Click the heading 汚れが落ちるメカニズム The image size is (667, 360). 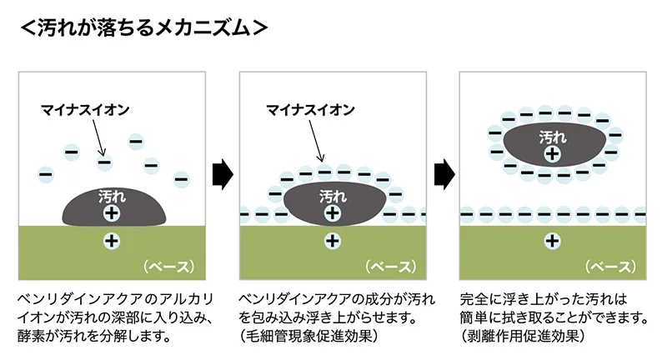143,28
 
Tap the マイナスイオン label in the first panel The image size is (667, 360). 85,110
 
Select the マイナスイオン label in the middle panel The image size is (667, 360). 310,110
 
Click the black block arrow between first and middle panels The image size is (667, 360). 223,174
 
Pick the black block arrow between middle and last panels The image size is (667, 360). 444,174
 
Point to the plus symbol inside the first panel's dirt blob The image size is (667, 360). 112,212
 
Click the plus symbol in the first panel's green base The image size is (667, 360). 112,242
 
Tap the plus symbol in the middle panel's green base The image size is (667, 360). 333,242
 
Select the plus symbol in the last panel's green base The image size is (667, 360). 553,242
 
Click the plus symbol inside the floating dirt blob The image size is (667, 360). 553,153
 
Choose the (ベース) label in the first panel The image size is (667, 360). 169,267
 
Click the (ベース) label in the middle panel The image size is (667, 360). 390,267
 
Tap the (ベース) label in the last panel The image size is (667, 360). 611,267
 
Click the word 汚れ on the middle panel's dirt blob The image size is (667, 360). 333,197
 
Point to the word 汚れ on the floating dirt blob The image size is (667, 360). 553,137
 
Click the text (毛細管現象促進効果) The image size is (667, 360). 308,336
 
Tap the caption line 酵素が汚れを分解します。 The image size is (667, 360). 94,336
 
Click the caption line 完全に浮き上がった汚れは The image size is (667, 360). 544,299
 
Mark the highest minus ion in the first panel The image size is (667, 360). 136,141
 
